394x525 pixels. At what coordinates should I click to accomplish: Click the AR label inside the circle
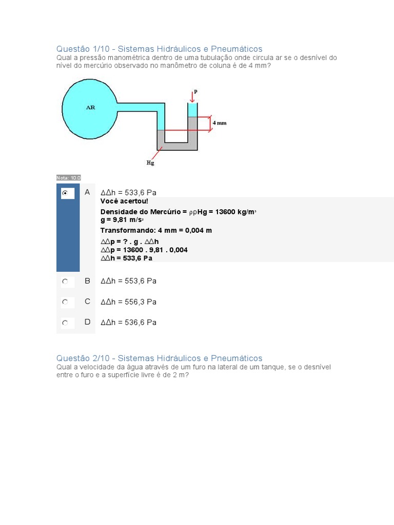tap(90, 108)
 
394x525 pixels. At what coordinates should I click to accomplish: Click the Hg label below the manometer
tap(150, 163)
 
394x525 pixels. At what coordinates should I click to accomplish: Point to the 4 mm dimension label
tap(219, 123)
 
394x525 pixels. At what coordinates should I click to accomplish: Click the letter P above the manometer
tap(195, 91)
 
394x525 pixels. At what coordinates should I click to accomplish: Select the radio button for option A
tap(65, 193)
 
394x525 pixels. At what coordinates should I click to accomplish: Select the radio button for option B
tap(65, 281)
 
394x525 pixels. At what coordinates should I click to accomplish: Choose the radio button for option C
tap(65, 302)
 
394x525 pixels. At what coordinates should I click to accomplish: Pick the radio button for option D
tap(65, 323)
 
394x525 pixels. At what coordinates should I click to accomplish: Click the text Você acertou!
tap(124, 201)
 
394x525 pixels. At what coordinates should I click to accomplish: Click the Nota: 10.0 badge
tap(68, 178)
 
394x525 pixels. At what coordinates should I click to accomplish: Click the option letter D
tap(87, 322)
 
